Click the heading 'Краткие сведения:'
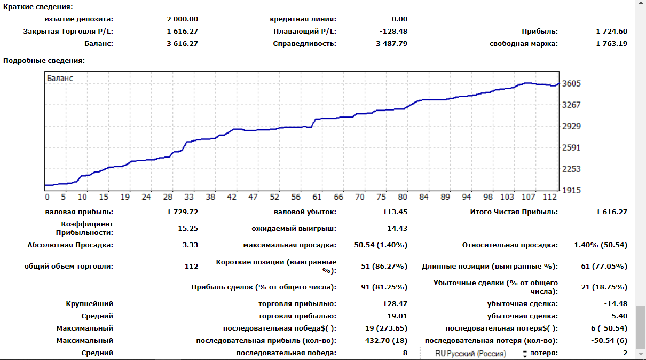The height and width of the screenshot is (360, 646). (38, 7)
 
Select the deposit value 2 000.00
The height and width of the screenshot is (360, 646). (182, 19)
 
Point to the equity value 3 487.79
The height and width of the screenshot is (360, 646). (391, 44)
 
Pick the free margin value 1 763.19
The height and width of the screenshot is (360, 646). (612, 44)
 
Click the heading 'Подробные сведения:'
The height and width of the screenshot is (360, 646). (44, 61)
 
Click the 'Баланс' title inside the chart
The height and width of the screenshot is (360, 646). (60, 78)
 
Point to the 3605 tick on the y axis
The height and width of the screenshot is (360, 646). (572, 84)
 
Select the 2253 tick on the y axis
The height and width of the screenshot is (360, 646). (572, 169)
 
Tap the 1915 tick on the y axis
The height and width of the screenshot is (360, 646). (572, 190)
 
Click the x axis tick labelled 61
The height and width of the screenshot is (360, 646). (317, 197)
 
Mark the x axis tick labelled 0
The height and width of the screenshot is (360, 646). (48, 197)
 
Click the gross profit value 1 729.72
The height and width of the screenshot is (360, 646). (182, 212)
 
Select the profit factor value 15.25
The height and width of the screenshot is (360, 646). (188, 229)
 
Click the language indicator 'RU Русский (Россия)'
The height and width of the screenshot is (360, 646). (470, 354)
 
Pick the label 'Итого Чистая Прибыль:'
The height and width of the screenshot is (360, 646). (514, 212)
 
